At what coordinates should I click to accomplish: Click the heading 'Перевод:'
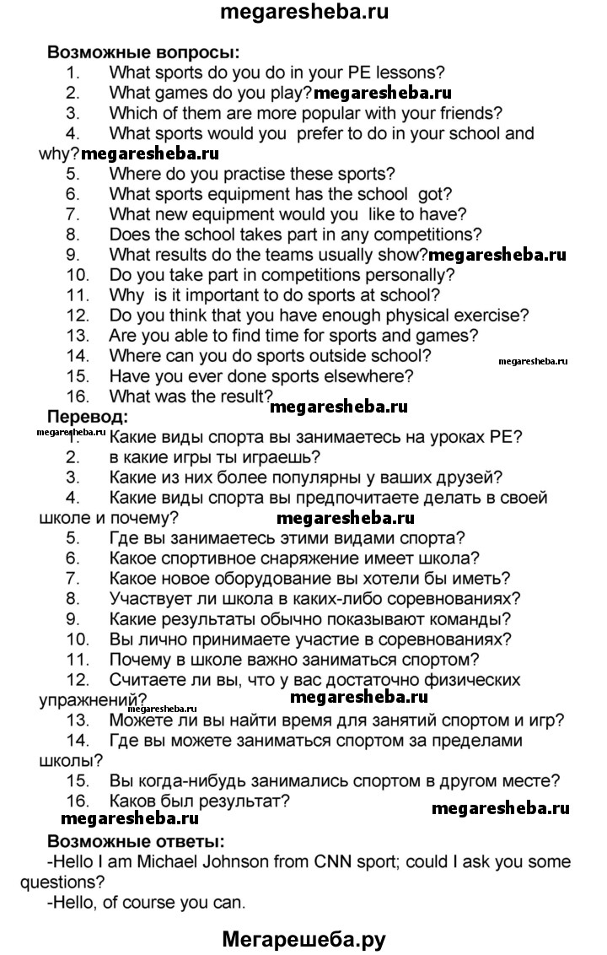click(x=88, y=416)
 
